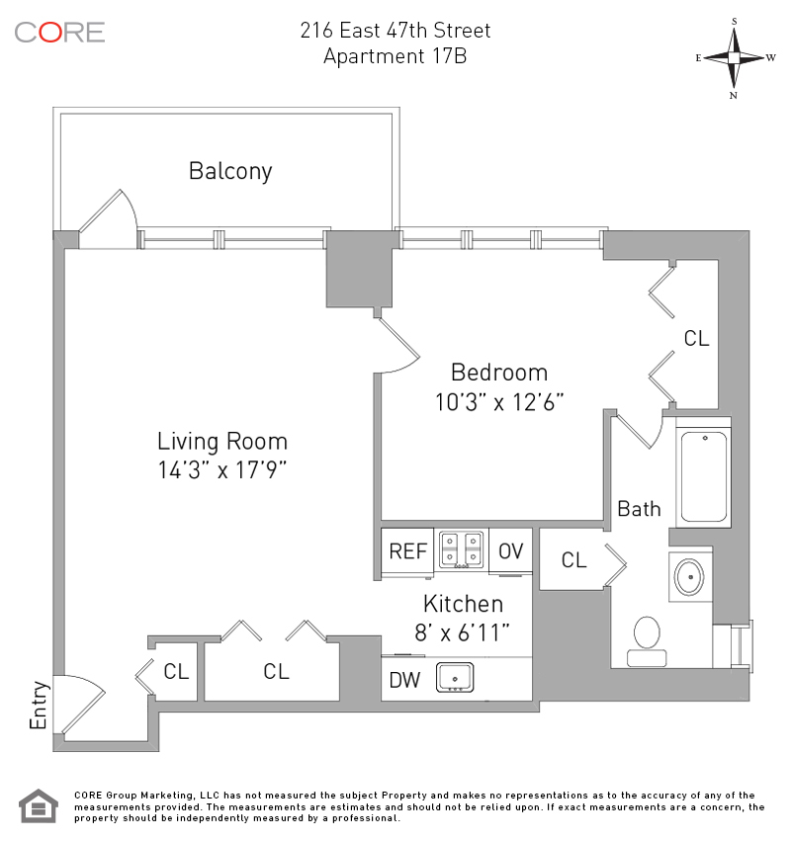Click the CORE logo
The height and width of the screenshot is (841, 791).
(x=59, y=32)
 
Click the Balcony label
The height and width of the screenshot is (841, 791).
(x=230, y=171)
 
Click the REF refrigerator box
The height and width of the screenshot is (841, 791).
(x=407, y=551)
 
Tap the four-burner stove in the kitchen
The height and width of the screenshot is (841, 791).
(x=462, y=550)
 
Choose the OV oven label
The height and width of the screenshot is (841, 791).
(x=510, y=551)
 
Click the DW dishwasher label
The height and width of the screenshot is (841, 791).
(x=403, y=680)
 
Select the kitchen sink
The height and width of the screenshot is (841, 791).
(x=455, y=678)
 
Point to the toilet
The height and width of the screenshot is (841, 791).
(x=647, y=640)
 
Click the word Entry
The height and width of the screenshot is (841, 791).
(x=39, y=707)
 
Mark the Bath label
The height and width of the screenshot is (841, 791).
(x=639, y=509)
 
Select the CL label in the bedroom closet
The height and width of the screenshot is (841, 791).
(x=696, y=339)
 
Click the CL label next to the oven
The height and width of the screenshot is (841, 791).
(x=573, y=560)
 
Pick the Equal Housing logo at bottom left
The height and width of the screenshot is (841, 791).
(x=37, y=805)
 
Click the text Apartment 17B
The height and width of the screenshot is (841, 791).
(x=395, y=56)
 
